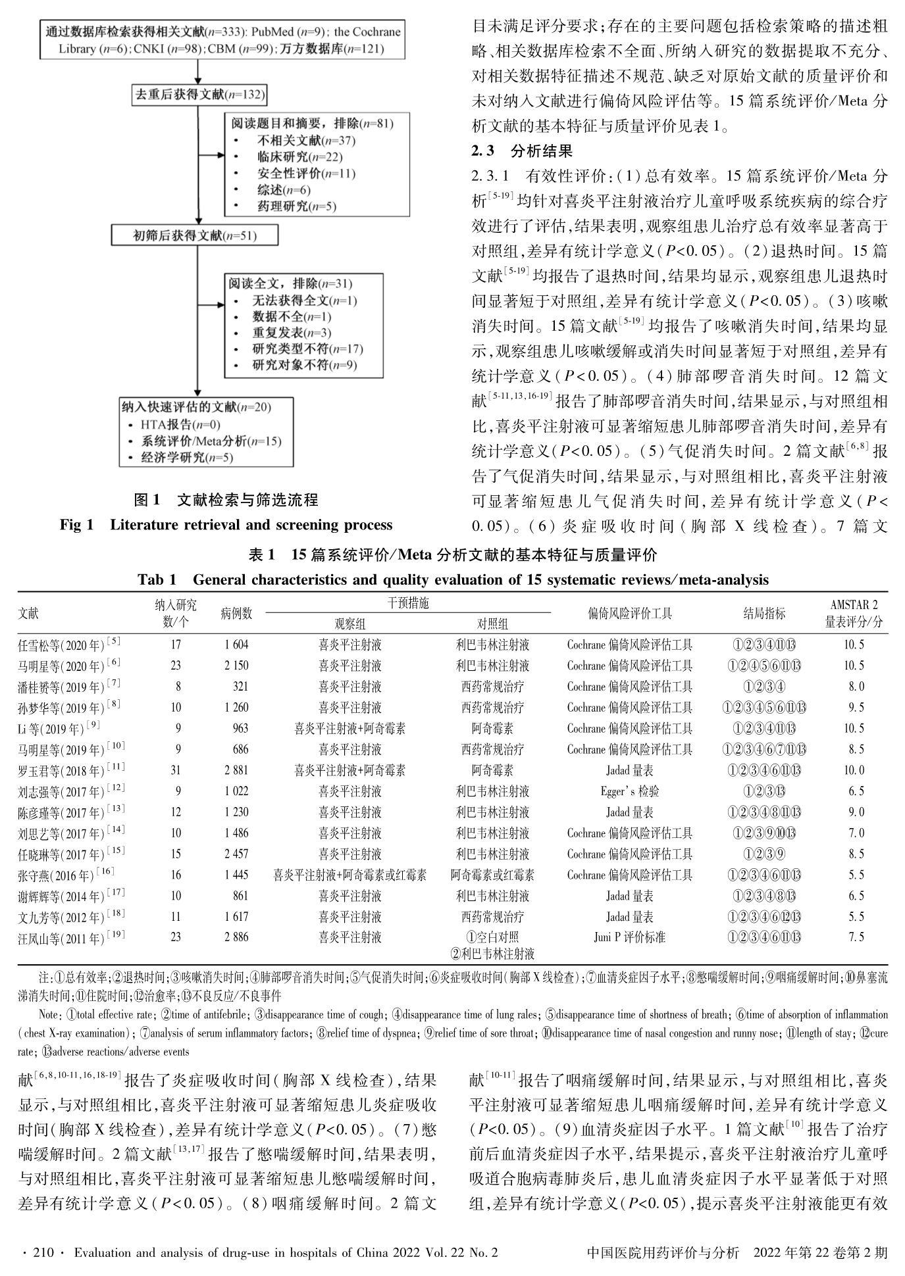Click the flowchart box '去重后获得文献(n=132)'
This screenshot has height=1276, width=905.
(199, 95)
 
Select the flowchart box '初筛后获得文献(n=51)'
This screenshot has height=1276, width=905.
(195, 236)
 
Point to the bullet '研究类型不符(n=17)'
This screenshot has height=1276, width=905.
(307, 349)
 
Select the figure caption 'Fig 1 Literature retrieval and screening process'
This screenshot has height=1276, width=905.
(226, 525)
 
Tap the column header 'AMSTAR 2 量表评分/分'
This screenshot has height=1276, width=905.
(854, 613)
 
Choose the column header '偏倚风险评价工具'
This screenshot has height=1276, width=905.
(629, 614)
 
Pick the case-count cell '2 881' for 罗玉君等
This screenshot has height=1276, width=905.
(236, 770)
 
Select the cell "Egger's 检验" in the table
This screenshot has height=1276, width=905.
(629, 791)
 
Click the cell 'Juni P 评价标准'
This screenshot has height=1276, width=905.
(629, 937)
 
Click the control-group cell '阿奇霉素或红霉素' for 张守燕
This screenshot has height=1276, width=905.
(492, 875)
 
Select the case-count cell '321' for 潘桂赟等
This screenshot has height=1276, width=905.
(240, 687)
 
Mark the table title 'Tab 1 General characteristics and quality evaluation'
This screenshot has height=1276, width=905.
(453, 580)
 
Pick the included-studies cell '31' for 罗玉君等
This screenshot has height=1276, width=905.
(176, 770)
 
